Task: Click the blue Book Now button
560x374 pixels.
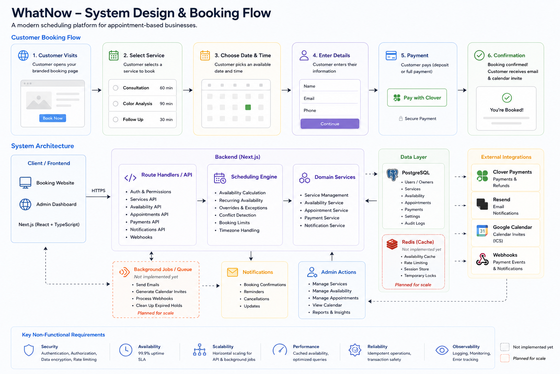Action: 52,118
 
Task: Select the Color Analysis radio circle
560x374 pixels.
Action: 116,104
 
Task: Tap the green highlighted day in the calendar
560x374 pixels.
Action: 248,107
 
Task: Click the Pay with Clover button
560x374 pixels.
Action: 417,98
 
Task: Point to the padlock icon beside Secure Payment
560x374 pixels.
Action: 401,118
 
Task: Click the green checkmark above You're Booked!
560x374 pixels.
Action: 507,98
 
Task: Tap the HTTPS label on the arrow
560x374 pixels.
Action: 98,191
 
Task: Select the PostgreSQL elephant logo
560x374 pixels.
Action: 392,175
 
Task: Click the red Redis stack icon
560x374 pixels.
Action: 392,244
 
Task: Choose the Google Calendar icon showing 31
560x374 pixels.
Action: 482,231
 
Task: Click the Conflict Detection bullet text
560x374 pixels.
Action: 237,215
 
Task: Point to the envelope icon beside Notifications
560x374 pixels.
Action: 233,272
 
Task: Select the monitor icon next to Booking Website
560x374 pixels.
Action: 25,183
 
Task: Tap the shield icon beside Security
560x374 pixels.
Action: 29,350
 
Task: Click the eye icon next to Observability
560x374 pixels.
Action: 442,350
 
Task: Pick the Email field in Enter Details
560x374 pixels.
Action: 330,99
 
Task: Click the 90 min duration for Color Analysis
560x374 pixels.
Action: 166,104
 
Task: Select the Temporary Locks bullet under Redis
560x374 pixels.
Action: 420,275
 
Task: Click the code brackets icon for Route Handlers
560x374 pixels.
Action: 130,178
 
